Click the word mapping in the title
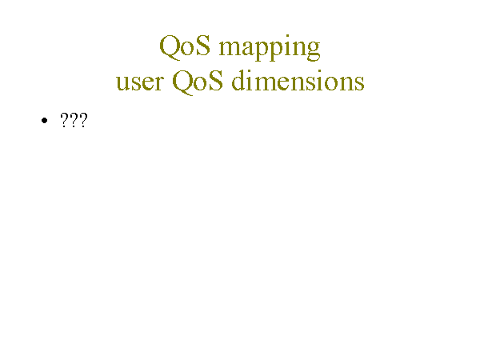(x=270, y=48)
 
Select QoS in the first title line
(x=185, y=46)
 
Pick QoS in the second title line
(x=198, y=82)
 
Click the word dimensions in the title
(x=298, y=80)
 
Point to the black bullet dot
(x=44, y=121)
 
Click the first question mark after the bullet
(x=64, y=120)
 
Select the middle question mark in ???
(x=74, y=120)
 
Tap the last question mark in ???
(x=83, y=120)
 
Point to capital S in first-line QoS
(x=203, y=46)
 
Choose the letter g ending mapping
(x=313, y=51)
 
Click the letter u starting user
(x=123, y=82)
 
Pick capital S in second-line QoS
(x=216, y=80)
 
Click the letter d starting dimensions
(x=238, y=80)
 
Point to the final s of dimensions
(x=359, y=83)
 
